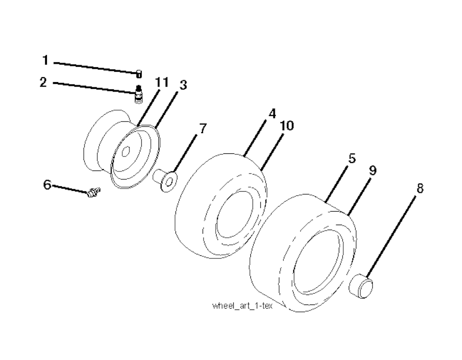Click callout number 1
[x=45, y=60]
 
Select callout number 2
[x=43, y=82]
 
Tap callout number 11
[x=162, y=82]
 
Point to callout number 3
[x=183, y=85]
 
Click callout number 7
[x=203, y=129]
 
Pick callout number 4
[x=272, y=113]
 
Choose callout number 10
[x=287, y=126]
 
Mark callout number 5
[x=352, y=158]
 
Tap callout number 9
[x=373, y=171]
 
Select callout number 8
[x=420, y=188]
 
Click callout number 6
[x=47, y=185]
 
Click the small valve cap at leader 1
[x=139, y=74]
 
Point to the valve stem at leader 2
[x=139, y=94]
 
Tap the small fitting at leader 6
[x=94, y=192]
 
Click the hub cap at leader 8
[x=361, y=286]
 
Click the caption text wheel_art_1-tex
[x=242, y=306]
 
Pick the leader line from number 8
[x=391, y=235]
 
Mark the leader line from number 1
[x=95, y=67]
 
